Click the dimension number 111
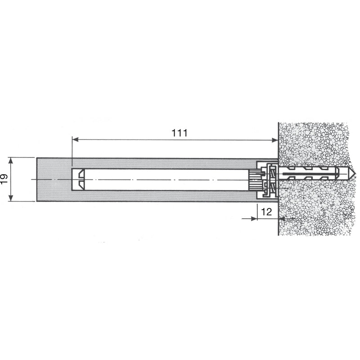coord(180,133)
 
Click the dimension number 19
coord(4,179)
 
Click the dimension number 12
coord(266,211)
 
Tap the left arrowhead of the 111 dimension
coord(75,139)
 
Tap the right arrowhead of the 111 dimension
coord(275,140)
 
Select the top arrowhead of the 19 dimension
coord(10,161)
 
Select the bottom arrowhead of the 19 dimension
coord(10,198)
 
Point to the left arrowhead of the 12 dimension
coord(254,219)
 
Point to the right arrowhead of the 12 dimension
coord(282,219)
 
